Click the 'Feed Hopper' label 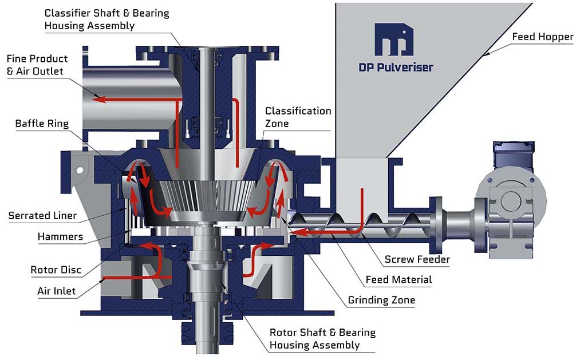point(543,37)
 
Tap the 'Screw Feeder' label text point(417,259)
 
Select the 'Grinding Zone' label point(381,300)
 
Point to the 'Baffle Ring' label point(42,124)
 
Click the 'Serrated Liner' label point(42,215)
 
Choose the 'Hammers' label point(60,236)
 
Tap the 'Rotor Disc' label point(56,270)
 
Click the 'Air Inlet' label point(57,291)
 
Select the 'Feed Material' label point(399,280)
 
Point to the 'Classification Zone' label point(298,117)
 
